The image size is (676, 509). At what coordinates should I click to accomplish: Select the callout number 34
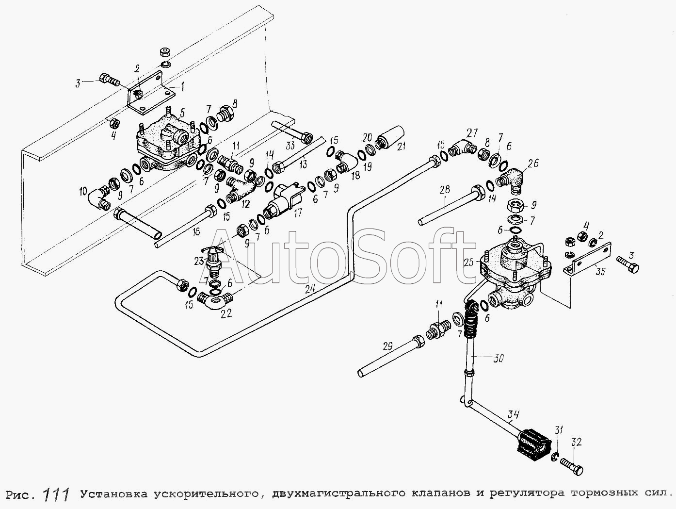(514, 414)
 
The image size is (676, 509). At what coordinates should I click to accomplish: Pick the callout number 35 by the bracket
(600, 272)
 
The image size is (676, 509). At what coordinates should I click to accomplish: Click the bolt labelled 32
(573, 467)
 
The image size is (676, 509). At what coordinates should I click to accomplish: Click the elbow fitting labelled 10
(99, 199)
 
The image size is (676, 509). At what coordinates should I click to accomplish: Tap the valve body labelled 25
(515, 274)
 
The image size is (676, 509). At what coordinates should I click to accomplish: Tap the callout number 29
(386, 346)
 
